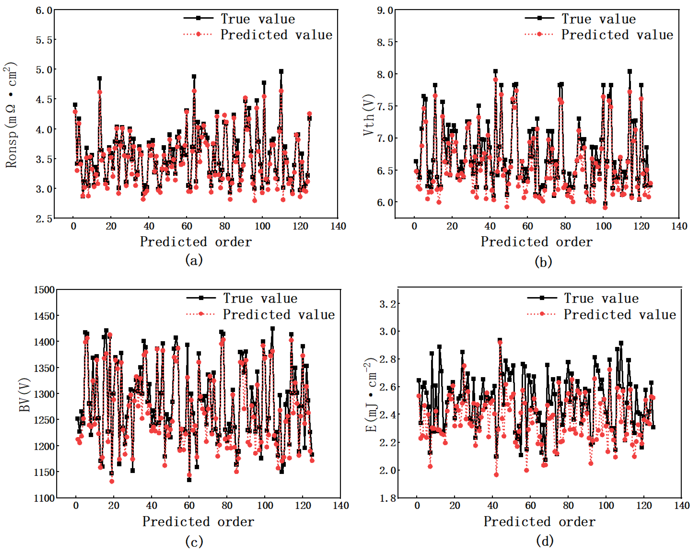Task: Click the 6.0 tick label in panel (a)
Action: pos(44,11)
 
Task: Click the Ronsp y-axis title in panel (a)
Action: pos(11,115)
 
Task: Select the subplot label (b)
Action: pos(543,261)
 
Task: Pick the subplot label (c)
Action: pos(194,541)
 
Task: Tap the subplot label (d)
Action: pos(545,541)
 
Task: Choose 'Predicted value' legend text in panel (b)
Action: pos(617,34)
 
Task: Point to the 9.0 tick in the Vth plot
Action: pos(385,11)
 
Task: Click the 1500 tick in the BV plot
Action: pos(44,290)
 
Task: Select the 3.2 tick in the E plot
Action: pos(388,304)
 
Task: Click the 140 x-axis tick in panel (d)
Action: pos(682,505)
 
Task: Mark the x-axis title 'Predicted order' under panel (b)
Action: pos(536,242)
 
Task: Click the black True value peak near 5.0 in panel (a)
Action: pos(281,71)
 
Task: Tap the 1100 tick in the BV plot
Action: pos(44,498)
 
